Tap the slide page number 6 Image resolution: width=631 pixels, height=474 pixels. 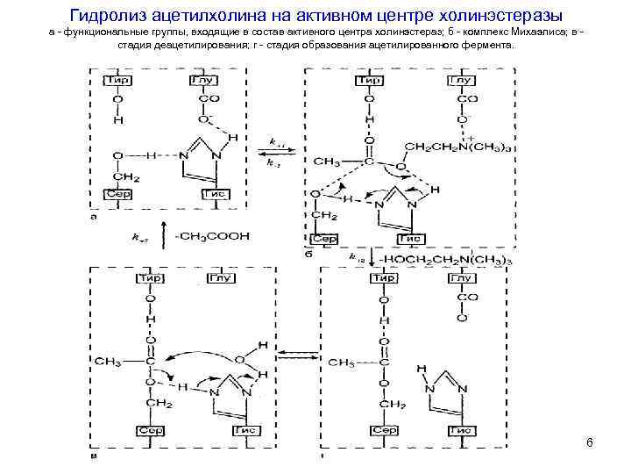click(x=590, y=443)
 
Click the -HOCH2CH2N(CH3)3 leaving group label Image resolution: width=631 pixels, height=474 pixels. click(x=443, y=260)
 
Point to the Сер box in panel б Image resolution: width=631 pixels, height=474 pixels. click(x=326, y=238)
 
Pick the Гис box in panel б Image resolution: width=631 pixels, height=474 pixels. click(x=410, y=238)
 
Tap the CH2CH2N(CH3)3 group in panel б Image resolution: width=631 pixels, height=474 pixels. click(x=458, y=145)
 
